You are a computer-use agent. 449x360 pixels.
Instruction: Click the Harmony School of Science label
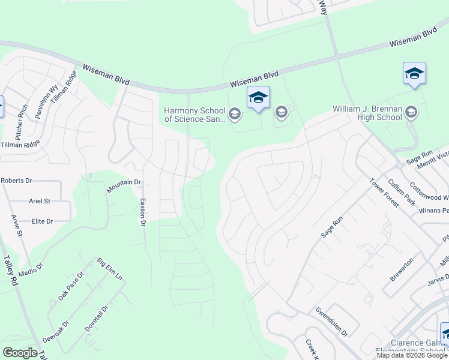click(x=195, y=115)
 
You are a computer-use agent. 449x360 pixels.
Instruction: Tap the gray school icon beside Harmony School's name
click(x=235, y=113)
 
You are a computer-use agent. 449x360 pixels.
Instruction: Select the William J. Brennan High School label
click(x=367, y=113)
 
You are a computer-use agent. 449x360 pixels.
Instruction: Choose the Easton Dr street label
click(x=143, y=212)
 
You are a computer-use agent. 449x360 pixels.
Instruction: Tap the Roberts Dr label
click(x=16, y=180)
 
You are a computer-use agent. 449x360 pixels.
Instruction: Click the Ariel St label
click(x=40, y=201)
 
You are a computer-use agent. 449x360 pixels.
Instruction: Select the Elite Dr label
click(x=43, y=221)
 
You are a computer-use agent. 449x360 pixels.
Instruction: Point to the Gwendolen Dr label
click(x=331, y=322)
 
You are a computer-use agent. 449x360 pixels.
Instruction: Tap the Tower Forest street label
click(x=384, y=193)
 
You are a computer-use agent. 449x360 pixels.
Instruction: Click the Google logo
click(x=20, y=353)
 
